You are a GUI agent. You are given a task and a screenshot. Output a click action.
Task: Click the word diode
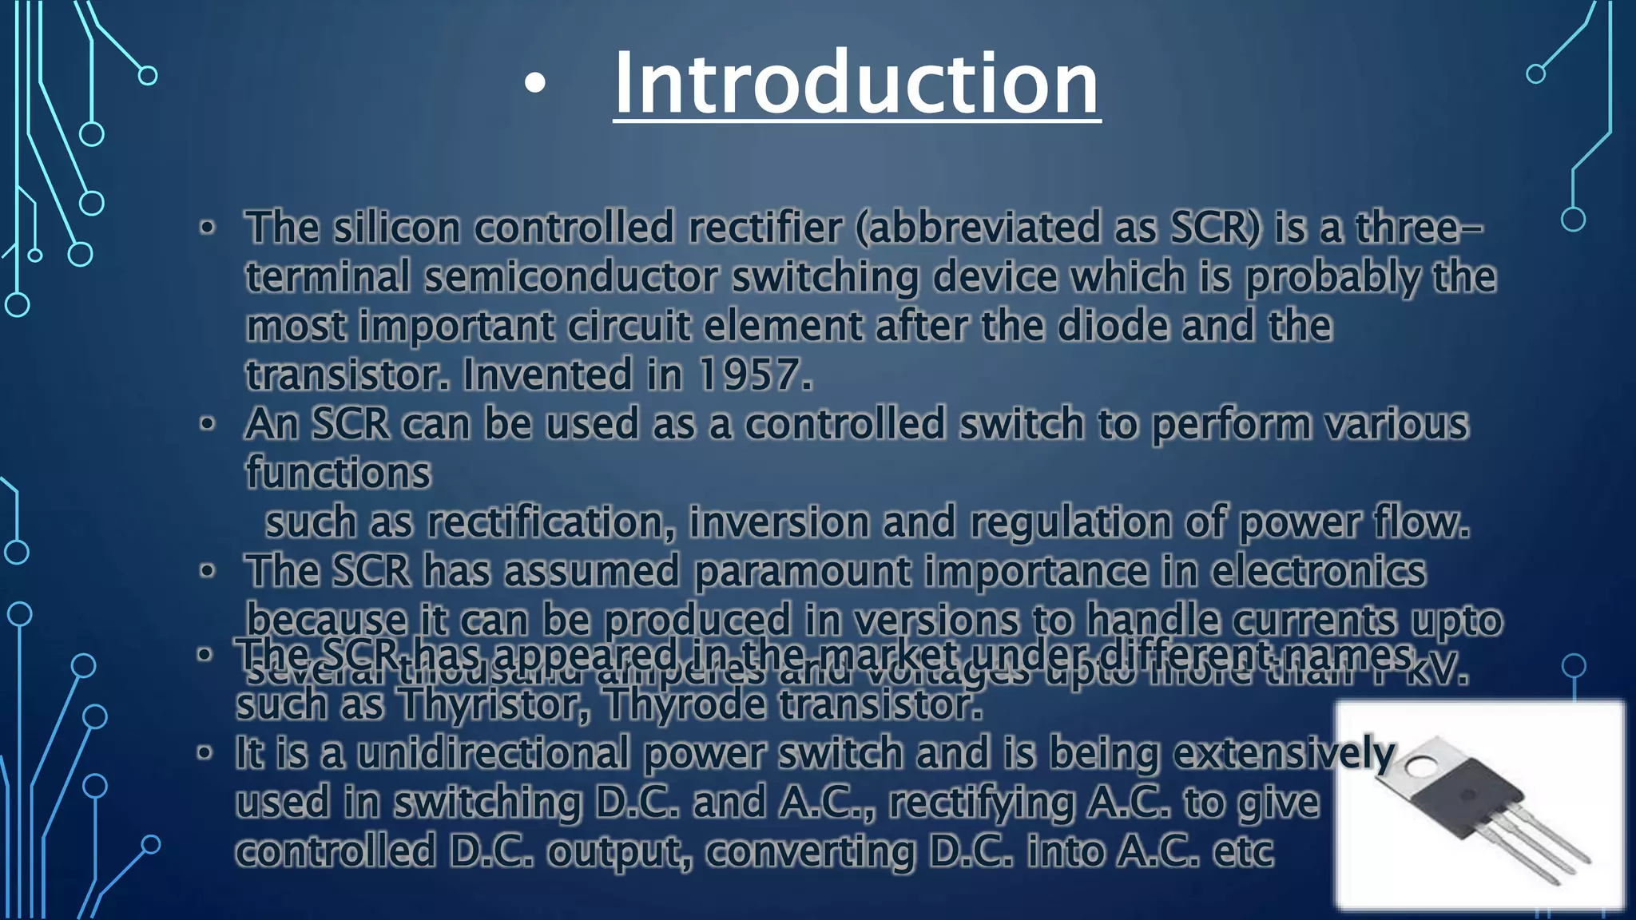coord(1112,326)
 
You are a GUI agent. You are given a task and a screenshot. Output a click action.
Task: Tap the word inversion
coord(778,522)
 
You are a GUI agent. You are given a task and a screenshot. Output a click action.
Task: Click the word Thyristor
coord(494,704)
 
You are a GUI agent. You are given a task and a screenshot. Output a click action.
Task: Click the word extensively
coord(1284,753)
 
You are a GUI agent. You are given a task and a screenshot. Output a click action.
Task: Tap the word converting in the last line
coord(810,851)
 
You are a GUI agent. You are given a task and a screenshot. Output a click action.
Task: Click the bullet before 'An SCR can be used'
coord(208,424)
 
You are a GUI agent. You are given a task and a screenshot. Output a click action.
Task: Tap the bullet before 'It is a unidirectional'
coord(205,753)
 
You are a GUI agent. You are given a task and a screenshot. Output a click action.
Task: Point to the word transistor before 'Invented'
coord(347,375)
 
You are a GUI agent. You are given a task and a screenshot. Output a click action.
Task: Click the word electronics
coord(1318,572)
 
